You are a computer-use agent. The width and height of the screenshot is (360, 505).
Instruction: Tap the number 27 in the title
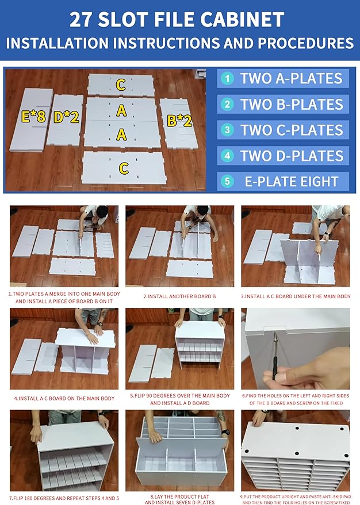(82, 20)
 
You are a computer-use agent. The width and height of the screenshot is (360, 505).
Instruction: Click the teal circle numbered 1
(227, 78)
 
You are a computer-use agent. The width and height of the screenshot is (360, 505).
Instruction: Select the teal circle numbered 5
(227, 181)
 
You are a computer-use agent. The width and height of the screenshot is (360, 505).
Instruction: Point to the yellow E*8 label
(33, 116)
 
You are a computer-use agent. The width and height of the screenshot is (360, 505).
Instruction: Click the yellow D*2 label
(66, 117)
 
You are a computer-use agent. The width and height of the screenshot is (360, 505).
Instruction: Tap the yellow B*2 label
(179, 121)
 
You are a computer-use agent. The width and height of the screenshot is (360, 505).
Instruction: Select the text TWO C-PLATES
(292, 130)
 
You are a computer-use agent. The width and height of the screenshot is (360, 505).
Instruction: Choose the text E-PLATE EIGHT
(292, 182)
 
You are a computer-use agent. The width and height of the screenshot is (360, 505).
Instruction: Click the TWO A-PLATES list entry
(283, 78)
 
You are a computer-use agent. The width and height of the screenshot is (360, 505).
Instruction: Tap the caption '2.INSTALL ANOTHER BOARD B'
(179, 296)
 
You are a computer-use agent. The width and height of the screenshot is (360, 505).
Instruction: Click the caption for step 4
(64, 398)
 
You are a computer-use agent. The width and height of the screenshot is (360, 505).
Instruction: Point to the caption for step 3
(296, 296)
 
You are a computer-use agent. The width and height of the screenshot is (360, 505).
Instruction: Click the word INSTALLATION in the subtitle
(58, 43)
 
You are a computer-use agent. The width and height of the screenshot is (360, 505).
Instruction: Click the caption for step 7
(64, 498)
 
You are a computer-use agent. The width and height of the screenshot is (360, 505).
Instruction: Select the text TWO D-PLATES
(292, 156)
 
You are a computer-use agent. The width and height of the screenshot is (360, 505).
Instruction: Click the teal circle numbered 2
(227, 104)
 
